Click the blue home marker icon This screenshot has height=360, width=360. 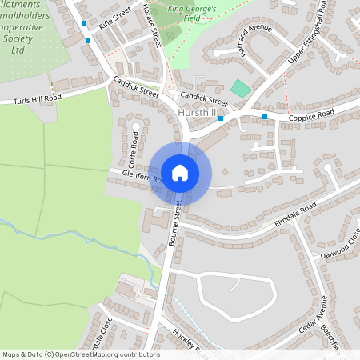[180, 172]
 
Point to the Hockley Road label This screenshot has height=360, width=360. [189, 343]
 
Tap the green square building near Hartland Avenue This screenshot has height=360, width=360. [240, 88]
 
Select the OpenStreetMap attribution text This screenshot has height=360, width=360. [80, 354]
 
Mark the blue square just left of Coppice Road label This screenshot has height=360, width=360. [265, 117]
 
